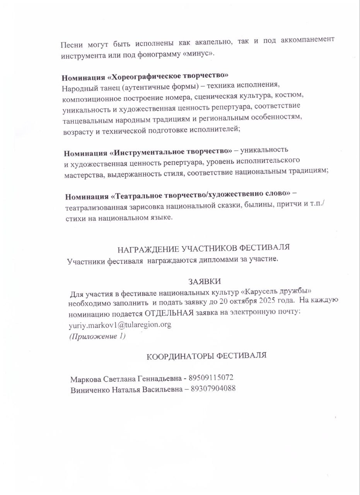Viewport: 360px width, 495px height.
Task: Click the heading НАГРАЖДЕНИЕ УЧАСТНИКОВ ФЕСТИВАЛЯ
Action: [x=204, y=248]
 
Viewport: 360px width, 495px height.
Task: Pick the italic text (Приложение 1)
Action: [x=97, y=336]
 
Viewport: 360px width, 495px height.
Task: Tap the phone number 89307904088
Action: [x=213, y=389]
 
